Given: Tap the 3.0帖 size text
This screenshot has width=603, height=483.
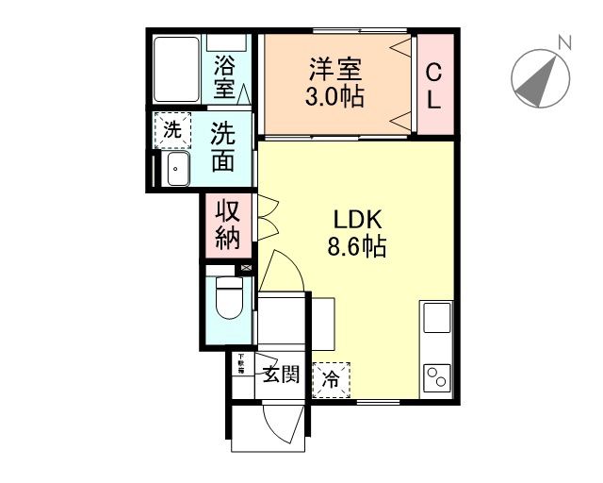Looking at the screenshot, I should pos(335,95).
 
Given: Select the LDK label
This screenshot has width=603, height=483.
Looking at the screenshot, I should pos(356,221).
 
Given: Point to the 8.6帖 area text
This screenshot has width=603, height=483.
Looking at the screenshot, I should pos(356,247).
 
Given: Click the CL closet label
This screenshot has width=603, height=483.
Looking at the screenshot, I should pos(433,84).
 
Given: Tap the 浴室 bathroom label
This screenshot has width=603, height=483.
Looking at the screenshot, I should pos(224,76).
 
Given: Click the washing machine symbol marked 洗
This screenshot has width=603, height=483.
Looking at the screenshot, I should pos(171,131).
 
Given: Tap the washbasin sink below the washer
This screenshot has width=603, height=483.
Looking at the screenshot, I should pos(176,170).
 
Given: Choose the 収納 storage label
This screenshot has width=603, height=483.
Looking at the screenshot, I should pos(227,225).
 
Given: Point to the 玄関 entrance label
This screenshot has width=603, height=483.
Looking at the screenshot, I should pos(280,375).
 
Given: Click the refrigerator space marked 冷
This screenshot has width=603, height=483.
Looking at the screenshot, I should pos(331,380).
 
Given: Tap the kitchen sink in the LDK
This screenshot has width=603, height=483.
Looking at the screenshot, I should pos(438,318).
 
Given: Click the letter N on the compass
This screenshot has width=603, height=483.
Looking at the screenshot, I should pos(564,42).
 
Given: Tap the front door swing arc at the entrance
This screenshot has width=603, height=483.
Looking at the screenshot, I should pos(282,429).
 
